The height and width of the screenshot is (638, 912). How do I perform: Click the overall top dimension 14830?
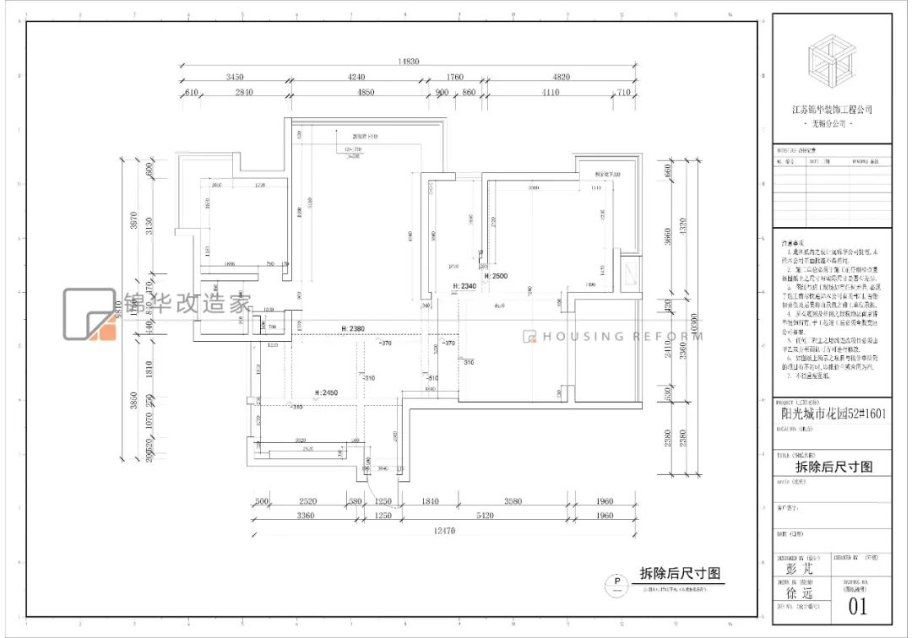pyautogui.click(x=410, y=62)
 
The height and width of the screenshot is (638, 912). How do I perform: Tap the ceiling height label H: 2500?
pyautogui.click(x=496, y=276)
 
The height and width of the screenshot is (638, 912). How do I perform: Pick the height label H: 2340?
pyautogui.click(x=466, y=287)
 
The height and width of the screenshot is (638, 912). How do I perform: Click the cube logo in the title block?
pyautogui.click(x=831, y=65)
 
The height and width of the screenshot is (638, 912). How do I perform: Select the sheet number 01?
pyautogui.click(x=857, y=606)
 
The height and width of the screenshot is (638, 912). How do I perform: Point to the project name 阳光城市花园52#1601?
pyautogui.click(x=832, y=414)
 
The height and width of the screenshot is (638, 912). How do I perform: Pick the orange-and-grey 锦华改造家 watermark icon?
pyautogui.click(x=90, y=315)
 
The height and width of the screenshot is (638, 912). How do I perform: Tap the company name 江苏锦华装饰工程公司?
pyautogui.click(x=831, y=110)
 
